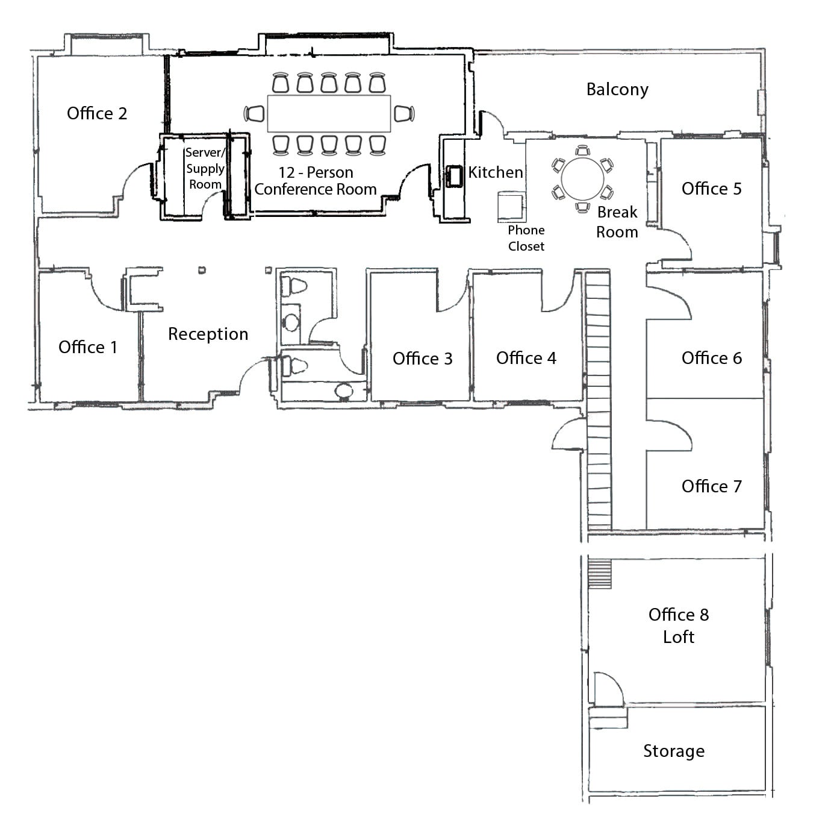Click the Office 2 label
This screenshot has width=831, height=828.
point(97,113)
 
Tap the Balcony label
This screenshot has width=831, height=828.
point(617,90)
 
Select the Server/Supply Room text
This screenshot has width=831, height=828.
point(205,168)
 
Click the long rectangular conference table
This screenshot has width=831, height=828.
point(329,113)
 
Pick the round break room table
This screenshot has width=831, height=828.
point(582,178)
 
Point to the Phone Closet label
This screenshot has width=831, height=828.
point(526,238)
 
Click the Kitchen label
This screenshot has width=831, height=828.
point(496,172)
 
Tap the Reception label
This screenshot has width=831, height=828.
point(208,334)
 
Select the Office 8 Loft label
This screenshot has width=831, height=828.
point(679,626)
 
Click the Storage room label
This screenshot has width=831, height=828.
point(673,751)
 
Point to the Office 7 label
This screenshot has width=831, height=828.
point(711,486)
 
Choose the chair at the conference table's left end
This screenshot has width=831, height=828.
point(254,113)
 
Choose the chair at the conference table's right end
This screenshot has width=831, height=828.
point(404,113)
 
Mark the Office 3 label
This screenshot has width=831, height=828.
point(422,359)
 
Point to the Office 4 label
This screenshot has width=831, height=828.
point(526,358)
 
